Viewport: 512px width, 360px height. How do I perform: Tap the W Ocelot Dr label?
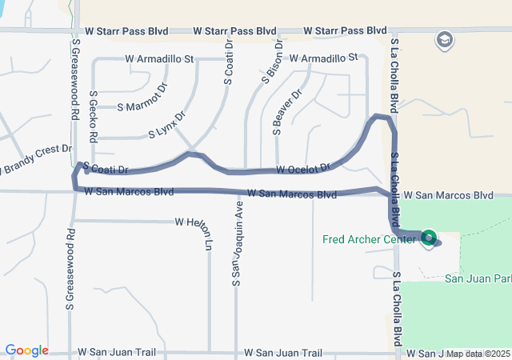(x=304, y=169)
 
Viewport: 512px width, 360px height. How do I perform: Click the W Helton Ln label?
(x=198, y=222)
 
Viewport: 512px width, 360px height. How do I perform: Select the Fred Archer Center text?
(x=370, y=239)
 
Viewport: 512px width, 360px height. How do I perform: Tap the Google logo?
(x=26, y=350)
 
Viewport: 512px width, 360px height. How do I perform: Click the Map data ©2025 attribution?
(x=478, y=354)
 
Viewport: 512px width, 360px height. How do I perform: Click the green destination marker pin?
(x=430, y=238)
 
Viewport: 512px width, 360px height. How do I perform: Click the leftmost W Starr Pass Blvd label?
(x=126, y=31)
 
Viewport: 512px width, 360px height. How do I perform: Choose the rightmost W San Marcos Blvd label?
(x=447, y=195)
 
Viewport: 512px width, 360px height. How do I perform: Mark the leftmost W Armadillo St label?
(x=159, y=58)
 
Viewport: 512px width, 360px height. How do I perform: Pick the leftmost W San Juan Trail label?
(x=118, y=352)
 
